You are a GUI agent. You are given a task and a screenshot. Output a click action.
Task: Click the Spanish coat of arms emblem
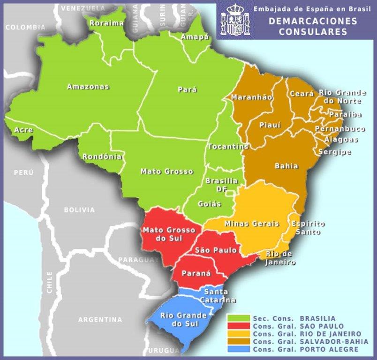[x=234, y=20]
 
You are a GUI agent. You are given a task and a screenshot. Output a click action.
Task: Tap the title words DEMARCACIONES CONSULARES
[x=313, y=27]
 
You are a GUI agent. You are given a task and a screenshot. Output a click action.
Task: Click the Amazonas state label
[x=88, y=87]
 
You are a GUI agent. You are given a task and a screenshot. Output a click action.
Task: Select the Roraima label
[x=106, y=23]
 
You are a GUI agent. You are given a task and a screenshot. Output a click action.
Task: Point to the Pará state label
[x=188, y=90]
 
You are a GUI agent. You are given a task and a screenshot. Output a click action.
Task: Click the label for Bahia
[x=286, y=166]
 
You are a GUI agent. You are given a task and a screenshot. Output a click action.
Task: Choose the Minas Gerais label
[x=252, y=224]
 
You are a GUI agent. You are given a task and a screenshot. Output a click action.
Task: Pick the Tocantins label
[x=227, y=146]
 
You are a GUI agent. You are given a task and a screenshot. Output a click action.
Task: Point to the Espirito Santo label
[x=308, y=228]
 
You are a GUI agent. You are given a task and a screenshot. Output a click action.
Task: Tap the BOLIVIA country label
[x=79, y=210]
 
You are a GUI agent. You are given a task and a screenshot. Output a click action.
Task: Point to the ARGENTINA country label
[x=100, y=320]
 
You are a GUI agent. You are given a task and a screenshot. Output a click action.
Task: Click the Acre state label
[x=23, y=130]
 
